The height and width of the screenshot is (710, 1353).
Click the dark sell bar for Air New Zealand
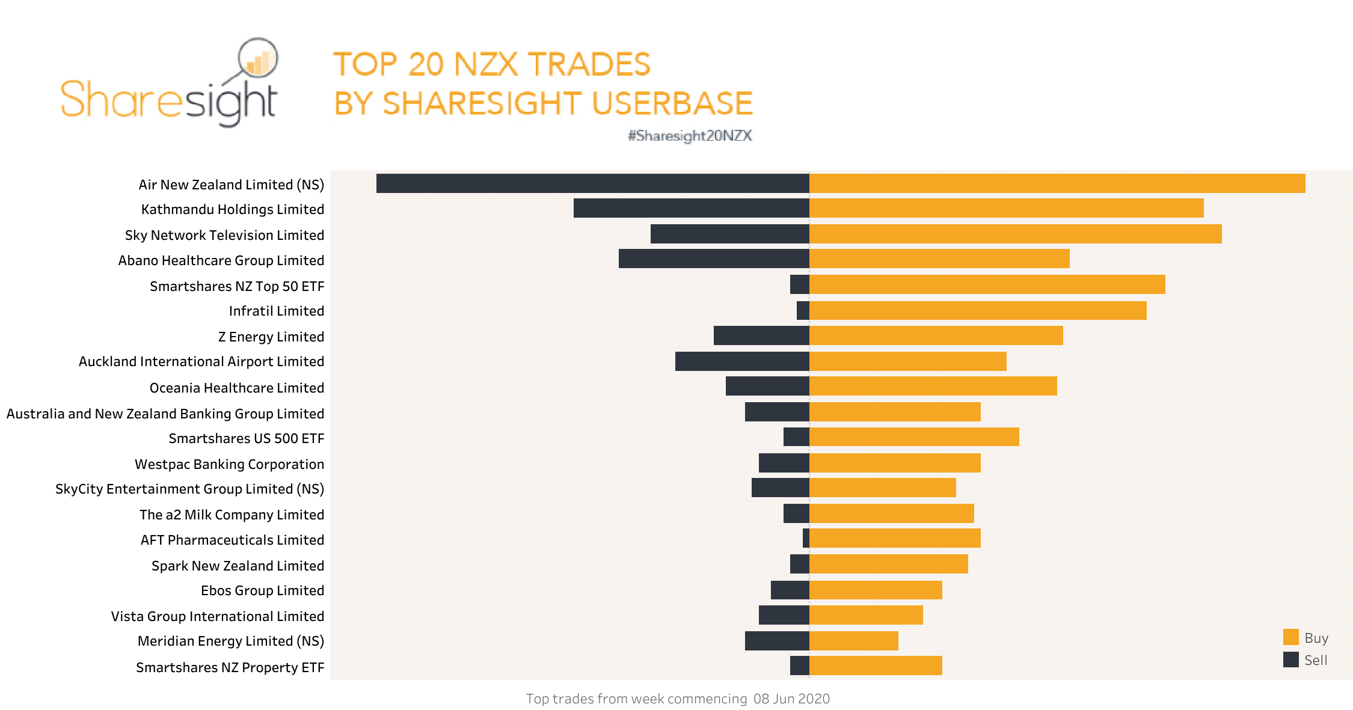click(x=592, y=183)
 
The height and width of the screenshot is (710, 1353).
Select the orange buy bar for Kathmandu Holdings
click(x=1006, y=208)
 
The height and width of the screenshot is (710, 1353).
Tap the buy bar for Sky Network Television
click(x=1015, y=234)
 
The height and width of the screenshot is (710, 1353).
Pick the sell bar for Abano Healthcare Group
click(x=714, y=259)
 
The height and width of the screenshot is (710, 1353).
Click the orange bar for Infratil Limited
click(x=978, y=310)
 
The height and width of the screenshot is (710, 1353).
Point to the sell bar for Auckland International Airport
click(x=742, y=361)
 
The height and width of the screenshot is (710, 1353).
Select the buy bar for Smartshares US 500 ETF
click(x=914, y=437)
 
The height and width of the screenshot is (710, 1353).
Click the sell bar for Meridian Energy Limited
click(x=777, y=641)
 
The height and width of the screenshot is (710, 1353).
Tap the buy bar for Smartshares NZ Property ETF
click(x=876, y=666)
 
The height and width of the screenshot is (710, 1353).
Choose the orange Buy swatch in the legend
click(x=1290, y=637)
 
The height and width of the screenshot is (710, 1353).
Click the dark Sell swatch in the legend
click(x=1290, y=660)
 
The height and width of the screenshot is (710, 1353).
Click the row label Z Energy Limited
click(x=271, y=337)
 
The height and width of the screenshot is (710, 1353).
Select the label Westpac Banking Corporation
click(x=229, y=464)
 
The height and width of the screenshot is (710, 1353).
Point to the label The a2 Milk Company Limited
click(x=232, y=515)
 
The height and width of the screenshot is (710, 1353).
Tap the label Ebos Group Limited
click(x=262, y=590)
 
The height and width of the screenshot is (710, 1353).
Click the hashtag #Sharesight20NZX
click(x=690, y=136)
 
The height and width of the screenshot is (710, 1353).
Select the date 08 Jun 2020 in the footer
click(x=791, y=699)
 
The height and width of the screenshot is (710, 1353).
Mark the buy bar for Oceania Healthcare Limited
click(x=933, y=386)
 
